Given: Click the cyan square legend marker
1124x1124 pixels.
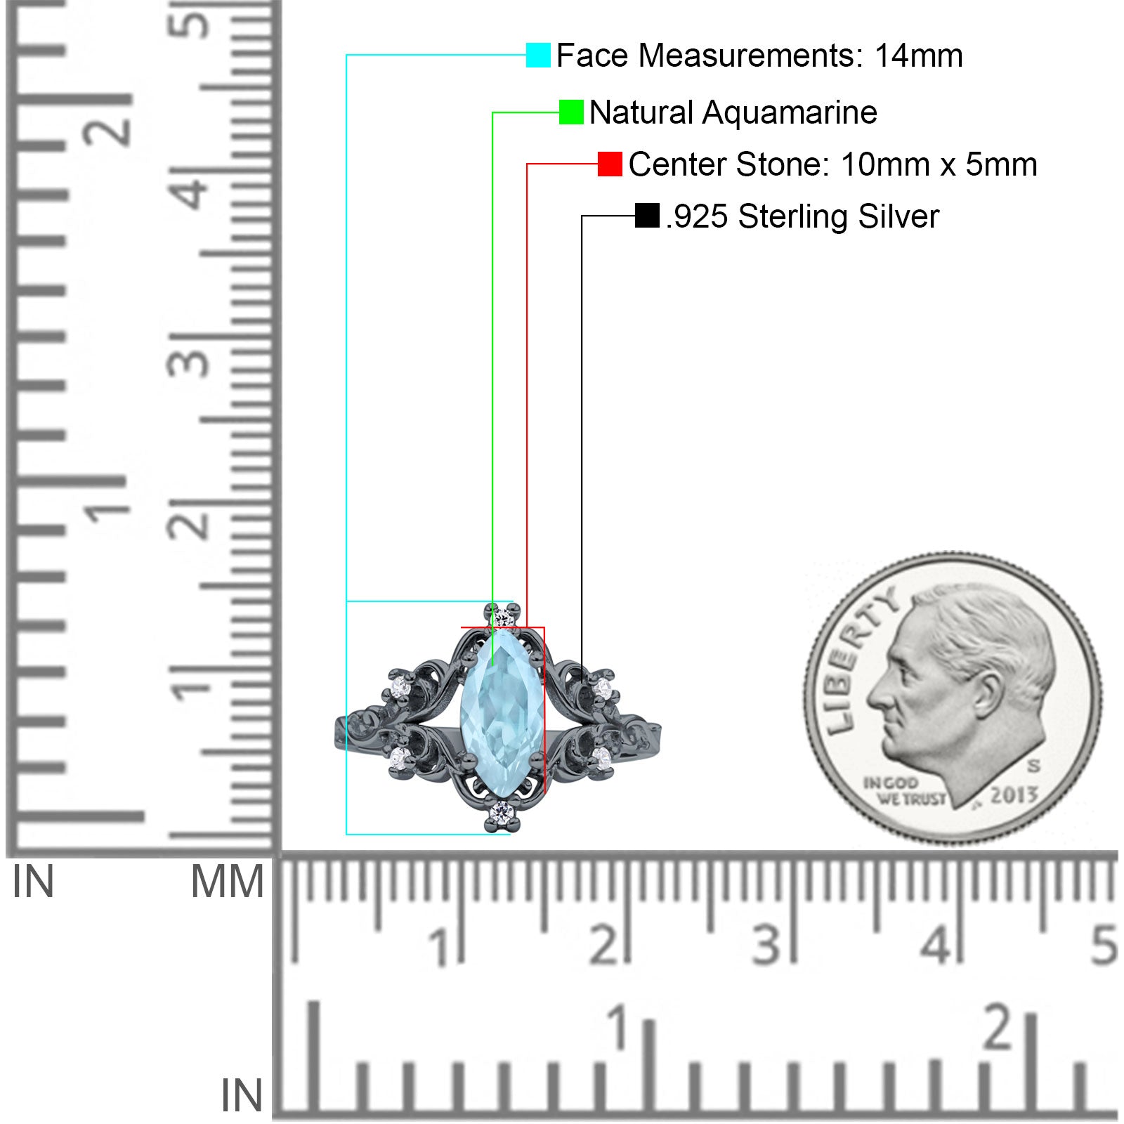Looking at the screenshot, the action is (x=538, y=55).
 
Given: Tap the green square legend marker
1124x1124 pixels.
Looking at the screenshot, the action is (x=571, y=112).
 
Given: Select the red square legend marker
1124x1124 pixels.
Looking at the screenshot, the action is (x=610, y=164).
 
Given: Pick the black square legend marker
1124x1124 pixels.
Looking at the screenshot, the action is (x=647, y=216).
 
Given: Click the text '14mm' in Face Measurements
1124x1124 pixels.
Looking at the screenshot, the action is (x=918, y=55).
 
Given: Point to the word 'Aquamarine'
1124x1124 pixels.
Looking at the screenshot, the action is (x=790, y=112).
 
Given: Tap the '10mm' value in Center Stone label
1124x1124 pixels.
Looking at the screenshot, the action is (x=885, y=164).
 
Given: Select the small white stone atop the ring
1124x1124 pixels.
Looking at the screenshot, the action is (x=502, y=618).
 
